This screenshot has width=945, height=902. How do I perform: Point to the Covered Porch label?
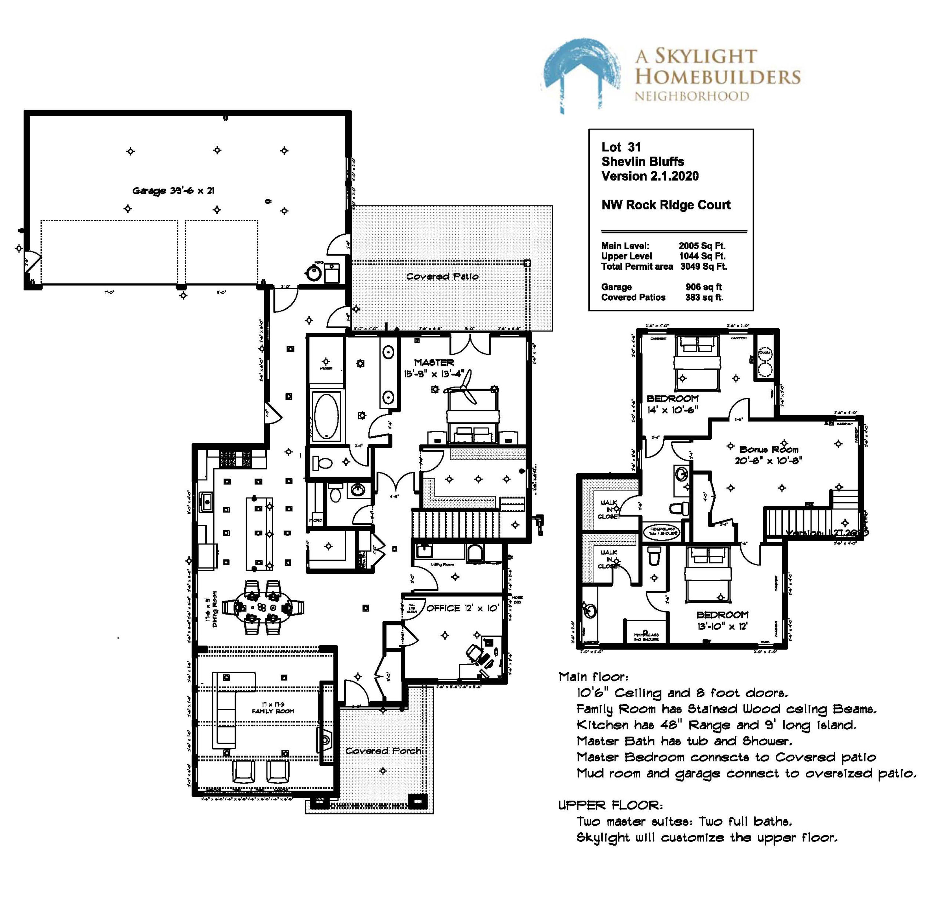pyautogui.click(x=383, y=750)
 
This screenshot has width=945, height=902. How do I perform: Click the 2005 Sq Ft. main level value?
pyautogui.click(x=702, y=246)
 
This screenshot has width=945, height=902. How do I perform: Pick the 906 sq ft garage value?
pyautogui.click(x=704, y=287)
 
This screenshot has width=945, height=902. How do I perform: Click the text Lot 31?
pyautogui.click(x=620, y=147)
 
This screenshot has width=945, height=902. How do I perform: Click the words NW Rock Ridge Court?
pyautogui.click(x=666, y=205)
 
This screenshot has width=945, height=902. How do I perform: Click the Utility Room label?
pyautogui.click(x=442, y=565)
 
